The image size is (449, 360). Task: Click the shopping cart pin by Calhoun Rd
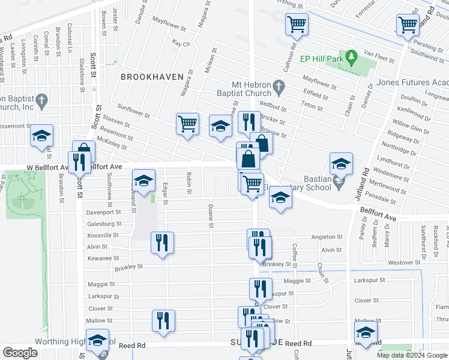point(296,25)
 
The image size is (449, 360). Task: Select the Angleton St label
point(326,237)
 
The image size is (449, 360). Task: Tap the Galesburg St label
point(103,223)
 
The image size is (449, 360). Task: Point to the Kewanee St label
point(103,258)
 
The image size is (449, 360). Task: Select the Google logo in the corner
point(20,352)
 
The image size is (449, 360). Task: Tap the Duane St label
point(210,216)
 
